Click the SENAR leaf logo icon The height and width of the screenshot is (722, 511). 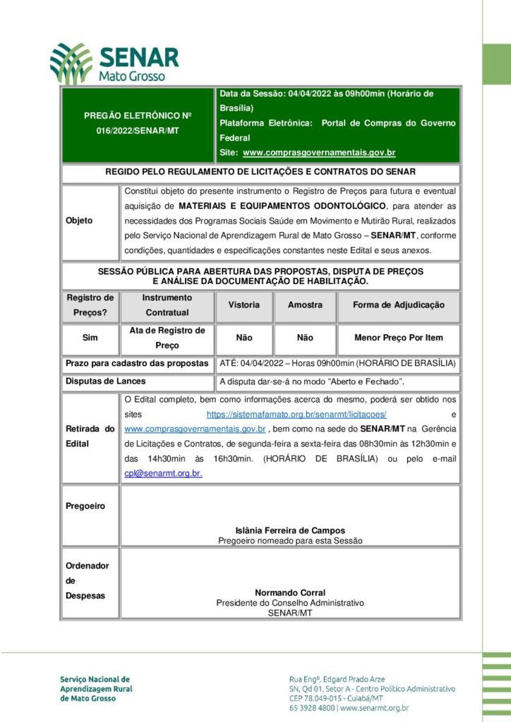71,63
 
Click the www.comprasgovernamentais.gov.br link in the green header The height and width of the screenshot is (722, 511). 318,152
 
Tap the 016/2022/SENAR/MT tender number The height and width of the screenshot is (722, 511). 138,131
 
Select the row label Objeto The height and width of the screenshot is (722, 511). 79,221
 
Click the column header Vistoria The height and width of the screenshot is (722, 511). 244,305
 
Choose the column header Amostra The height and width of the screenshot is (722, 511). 305,305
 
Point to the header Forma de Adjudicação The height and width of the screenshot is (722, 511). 399,305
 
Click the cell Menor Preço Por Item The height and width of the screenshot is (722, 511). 399,338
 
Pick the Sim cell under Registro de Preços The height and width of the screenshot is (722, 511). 90,338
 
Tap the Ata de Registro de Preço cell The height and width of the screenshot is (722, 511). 167,338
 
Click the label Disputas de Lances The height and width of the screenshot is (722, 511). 105,381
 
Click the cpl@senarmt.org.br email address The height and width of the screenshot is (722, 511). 163,473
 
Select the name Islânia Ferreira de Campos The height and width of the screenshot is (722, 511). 290,530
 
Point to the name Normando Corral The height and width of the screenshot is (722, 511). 290,593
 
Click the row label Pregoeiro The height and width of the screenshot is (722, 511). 85,506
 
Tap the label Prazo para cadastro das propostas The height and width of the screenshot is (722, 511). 137,363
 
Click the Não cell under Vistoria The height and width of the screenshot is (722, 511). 244,338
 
